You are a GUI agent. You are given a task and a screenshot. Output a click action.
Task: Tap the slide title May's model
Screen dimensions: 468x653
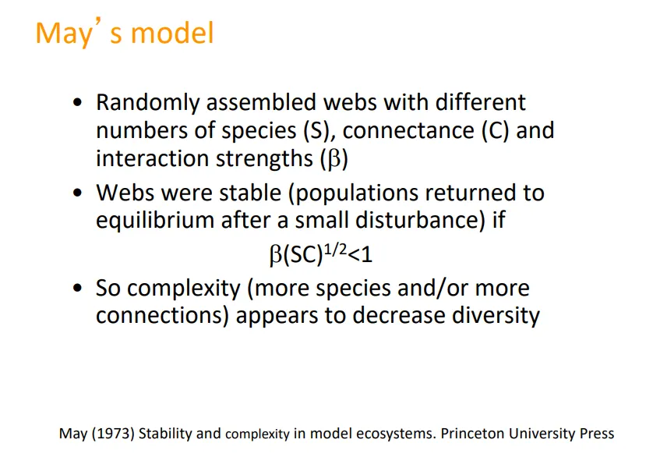[125, 34]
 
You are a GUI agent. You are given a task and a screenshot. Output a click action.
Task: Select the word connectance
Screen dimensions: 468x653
[408, 130]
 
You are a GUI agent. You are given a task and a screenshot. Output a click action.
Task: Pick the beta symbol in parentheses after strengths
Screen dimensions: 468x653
[333, 158]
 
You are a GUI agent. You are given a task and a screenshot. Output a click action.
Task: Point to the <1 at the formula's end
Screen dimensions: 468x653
[365, 255]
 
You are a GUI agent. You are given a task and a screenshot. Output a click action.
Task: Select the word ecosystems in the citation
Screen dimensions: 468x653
[391, 434]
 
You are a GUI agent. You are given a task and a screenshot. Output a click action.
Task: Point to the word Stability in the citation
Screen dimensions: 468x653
[167, 434]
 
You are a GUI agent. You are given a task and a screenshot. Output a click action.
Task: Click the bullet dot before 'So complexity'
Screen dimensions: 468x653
[77, 289]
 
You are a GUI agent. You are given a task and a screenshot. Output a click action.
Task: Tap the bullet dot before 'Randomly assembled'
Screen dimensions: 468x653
[77, 104]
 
